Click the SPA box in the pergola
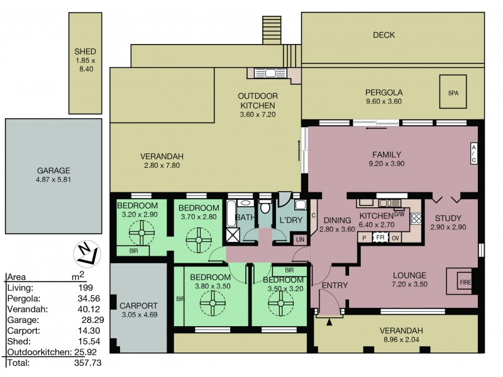pyautogui.click(x=452, y=92)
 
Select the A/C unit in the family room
pyautogui.click(x=473, y=153)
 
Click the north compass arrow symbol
pyautogui.click(x=87, y=253)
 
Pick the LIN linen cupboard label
pyautogui.click(x=301, y=239)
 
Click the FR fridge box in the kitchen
pyautogui.click(x=380, y=238)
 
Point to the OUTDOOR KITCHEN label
pyautogui.click(x=258, y=101)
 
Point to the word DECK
pyautogui.click(x=384, y=35)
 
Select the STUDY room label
pyautogui.click(x=448, y=218)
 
